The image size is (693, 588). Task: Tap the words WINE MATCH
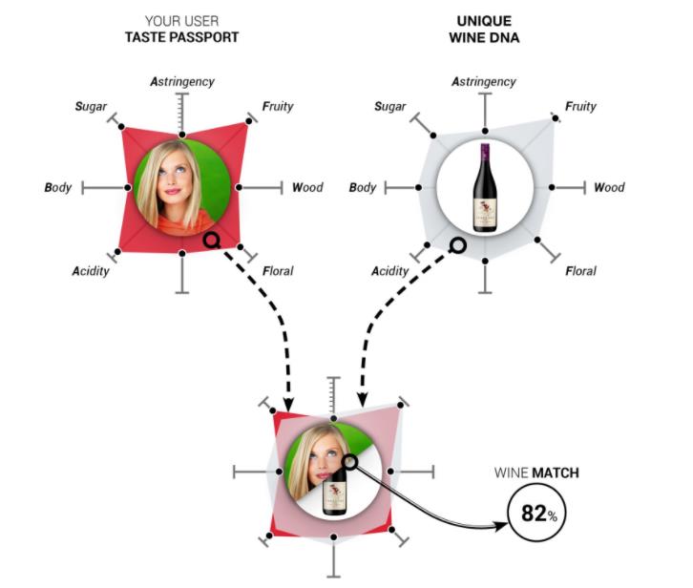(x=535, y=472)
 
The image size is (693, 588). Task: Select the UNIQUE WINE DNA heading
(x=485, y=29)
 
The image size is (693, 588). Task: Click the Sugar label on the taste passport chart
(x=91, y=106)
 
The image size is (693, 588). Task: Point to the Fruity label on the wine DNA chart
(x=581, y=106)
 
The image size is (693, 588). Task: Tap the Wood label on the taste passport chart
(x=307, y=188)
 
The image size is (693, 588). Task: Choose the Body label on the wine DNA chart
(x=363, y=188)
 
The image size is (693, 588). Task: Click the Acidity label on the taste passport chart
(x=90, y=271)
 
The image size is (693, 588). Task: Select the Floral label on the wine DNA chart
(x=580, y=271)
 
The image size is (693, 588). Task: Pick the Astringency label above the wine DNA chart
(x=483, y=81)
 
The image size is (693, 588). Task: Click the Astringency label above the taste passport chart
(x=181, y=81)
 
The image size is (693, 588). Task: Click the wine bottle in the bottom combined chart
(x=333, y=492)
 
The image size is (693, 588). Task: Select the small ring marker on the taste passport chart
(x=211, y=241)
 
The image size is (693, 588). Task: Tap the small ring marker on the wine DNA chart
(x=457, y=245)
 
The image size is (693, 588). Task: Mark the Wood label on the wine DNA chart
(x=609, y=188)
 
